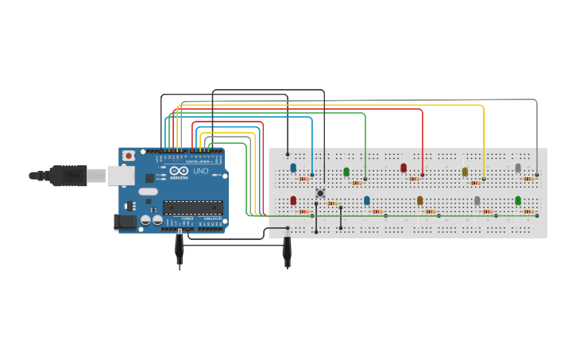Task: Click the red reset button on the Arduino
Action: click(x=128, y=157)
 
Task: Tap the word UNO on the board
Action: click(x=201, y=171)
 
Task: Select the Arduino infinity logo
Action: click(x=180, y=171)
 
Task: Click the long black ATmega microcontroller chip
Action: click(x=192, y=207)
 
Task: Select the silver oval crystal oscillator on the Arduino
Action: click(x=149, y=192)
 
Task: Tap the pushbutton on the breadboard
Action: click(x=320, y=193)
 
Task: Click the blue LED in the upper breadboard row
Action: click(x=293, y=168)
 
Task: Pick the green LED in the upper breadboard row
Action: click(x=346, y=171)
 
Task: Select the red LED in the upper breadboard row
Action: click(x=404, y=168)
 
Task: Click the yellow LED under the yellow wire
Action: click(x=465, y=171)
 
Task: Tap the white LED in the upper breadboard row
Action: click(x=518, y=168)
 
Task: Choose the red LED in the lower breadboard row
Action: click(x=293, y=200)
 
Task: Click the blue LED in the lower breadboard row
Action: click(x=367, y=200)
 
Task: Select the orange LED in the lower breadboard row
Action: click(x=419, y=200)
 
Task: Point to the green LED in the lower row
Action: click(x=518, y=200)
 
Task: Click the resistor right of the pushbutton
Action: click(x=333, y=203)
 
